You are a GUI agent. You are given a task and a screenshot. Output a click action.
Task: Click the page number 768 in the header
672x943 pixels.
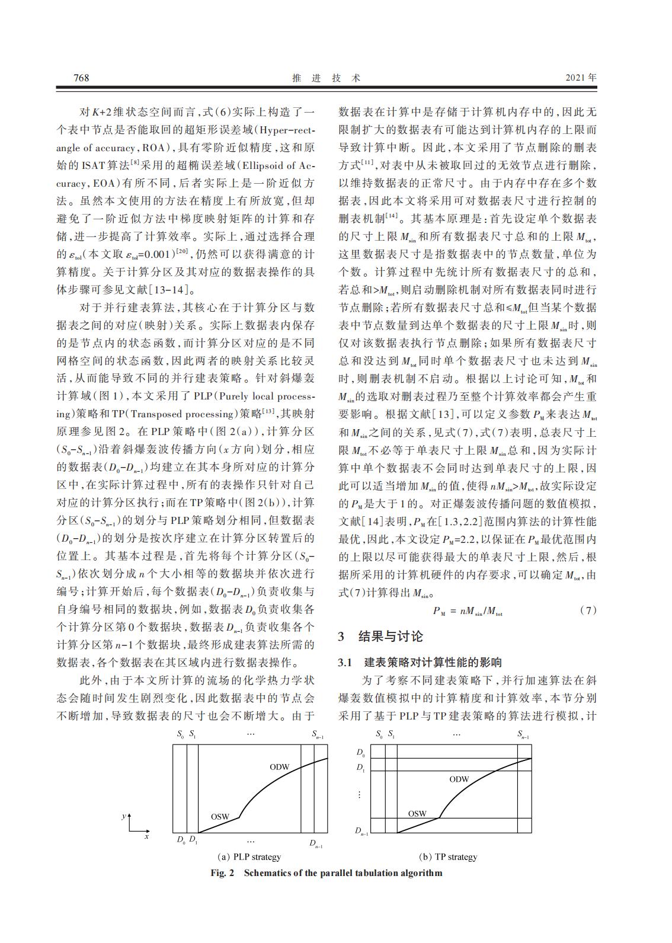[x=81, y=78]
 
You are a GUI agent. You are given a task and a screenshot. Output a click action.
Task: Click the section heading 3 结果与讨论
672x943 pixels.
[x=380, y=637]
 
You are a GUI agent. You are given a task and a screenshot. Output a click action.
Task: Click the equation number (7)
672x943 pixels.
[x=588, y=611]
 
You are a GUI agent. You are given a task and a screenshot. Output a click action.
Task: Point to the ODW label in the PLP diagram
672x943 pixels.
[x=279, y=767]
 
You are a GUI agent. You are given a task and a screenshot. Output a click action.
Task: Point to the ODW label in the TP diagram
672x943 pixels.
[x=459, y=779]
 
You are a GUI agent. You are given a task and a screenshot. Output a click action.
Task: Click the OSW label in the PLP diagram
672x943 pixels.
[x=220, y=816]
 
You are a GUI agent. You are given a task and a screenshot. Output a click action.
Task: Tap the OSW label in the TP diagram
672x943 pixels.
[x=417, y=813]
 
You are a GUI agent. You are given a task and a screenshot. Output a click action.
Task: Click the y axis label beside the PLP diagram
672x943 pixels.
[x=123, y=816]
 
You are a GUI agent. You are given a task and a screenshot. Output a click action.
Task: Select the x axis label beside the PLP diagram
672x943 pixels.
[x=146, y=836]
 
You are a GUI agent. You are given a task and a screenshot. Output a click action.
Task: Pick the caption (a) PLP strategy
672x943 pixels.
[x=249, y=856]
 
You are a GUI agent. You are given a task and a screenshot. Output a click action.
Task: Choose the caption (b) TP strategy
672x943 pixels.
[x=448, y=856]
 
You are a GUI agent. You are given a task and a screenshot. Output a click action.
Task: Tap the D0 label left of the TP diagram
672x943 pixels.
[x=360, y=752]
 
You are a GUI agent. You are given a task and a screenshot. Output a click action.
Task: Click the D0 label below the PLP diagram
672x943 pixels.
[x=181, y=840]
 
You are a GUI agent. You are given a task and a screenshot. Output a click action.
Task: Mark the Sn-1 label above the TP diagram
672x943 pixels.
[x=523, y=735]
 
